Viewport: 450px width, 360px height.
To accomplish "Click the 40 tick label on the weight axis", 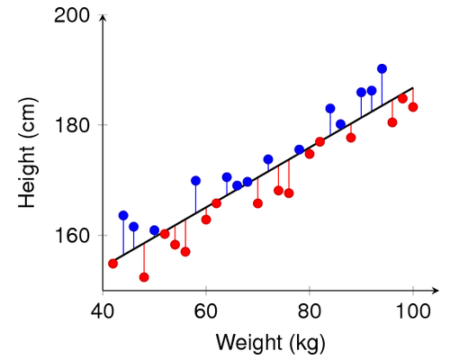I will (x=103, y=310).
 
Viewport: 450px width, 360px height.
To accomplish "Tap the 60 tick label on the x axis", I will (x=206, y=310).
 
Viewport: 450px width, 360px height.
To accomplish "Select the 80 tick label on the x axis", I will (x=310, y=310).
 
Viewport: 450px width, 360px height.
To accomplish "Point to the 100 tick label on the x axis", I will (x=413, y=310).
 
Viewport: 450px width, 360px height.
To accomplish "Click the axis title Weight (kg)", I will (x=270, y=342).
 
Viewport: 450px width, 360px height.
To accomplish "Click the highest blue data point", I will (x=382, y=68).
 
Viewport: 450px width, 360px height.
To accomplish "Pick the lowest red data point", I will (x=144, y=277).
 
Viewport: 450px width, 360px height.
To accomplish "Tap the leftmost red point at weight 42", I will (x=113, y=264).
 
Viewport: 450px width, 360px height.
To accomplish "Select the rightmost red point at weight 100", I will (x=413, y=107).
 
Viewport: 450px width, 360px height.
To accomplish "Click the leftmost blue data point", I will (x=123, y=215).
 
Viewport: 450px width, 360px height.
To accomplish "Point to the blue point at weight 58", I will (x=195, y=180).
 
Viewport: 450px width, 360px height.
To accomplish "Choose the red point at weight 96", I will (x=392, y=122).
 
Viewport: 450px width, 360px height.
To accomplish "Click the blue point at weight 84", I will (x=330, y=109).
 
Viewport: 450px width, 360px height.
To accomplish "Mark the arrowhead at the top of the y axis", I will (x=103, y=17).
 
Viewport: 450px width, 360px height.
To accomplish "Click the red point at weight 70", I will (x=257, y=203).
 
